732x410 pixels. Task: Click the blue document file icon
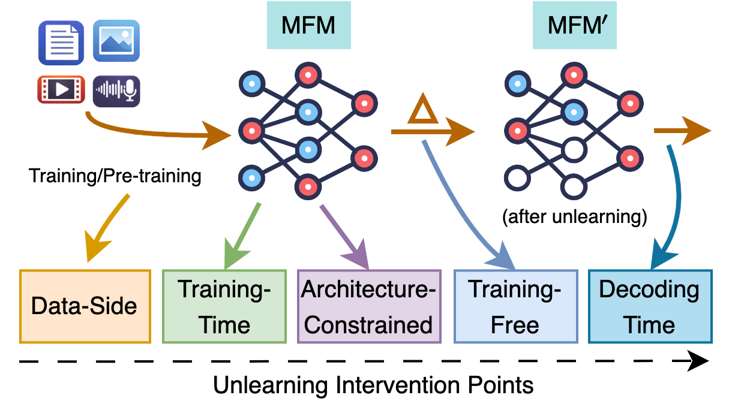tap(61, 42)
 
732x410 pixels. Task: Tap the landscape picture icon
tap(116, 41)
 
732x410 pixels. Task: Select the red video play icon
tap(61, 89)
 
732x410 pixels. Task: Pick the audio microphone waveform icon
tap(116, 91)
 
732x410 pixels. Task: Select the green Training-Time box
tap(224, 306)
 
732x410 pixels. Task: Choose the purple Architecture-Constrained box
tap(369, 306)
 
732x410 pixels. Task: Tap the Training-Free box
tap(515, 306)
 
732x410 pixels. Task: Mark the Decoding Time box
tap(650, 306)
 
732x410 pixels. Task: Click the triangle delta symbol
tap(423, 111)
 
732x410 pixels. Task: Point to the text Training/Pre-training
tap(114, 176)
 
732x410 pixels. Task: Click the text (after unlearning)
tap(575, 217)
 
